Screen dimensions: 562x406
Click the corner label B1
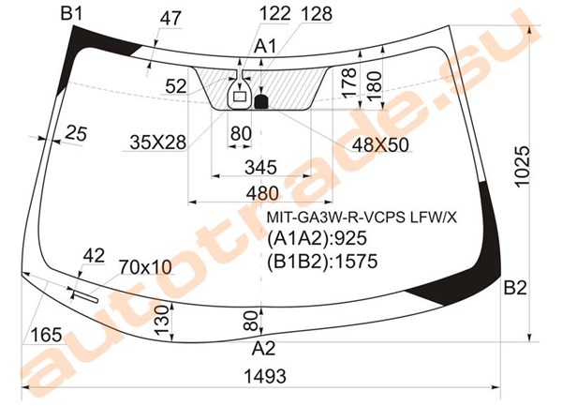(72, 14)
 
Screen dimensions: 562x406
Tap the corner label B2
(515, 288)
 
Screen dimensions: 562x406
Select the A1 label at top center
(265, 47)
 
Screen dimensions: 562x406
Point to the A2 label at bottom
(263, 348)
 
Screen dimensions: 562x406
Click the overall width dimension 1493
(265, 376)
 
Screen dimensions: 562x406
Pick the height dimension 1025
(522, 166)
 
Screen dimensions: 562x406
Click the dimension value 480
(262, 193)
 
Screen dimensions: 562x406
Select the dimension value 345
(261, 167)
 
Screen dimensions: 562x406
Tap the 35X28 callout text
(157, 143)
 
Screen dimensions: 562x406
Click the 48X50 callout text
(380, 145)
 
